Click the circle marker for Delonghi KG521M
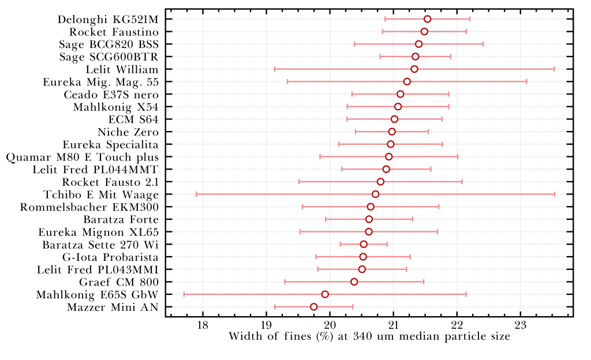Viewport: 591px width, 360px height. coord(427,19)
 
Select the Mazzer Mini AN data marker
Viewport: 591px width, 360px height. coord(314,306)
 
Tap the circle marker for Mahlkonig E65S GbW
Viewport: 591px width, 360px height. coord(325,294)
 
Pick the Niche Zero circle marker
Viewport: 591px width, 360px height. coord(392,132)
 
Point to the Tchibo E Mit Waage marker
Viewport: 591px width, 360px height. coord(376,194)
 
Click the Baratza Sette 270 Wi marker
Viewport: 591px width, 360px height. coord(364,244)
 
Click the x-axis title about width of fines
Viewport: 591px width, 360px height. coord(369,337)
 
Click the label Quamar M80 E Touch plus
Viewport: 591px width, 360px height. coord(82,157)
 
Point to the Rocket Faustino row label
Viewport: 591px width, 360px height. coord(114,32)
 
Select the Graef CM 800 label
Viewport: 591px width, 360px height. coord(118,282)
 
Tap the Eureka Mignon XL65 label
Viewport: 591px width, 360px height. coord(98,232)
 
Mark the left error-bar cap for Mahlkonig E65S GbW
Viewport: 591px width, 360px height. coord(184,294)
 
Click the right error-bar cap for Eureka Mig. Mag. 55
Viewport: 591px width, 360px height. coord(526,81)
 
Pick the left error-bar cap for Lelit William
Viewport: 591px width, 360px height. coord(275,69)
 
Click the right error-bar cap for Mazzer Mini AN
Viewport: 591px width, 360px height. coord(353,306)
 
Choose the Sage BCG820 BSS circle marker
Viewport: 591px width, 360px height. coord(418,44)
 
